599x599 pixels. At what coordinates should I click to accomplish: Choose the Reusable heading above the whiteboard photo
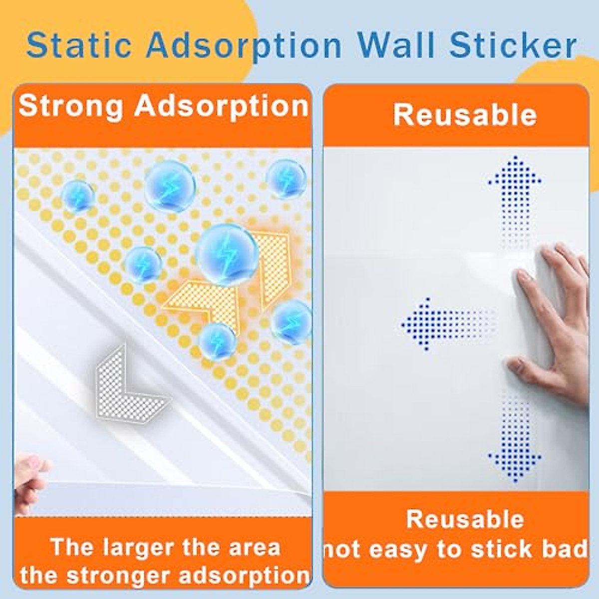click(465, 115)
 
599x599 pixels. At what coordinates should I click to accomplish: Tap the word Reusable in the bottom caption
click(465, 519)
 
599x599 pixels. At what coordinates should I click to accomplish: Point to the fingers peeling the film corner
click(30, 479)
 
